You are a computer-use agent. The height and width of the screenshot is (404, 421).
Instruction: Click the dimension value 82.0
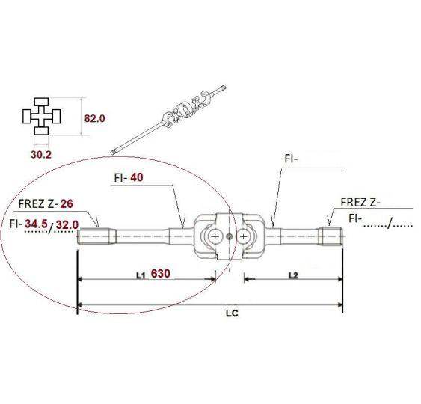pyautogui.click(x=94, y=118)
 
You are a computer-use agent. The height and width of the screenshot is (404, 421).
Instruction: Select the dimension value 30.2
pyautogui.click(x=41, y=155)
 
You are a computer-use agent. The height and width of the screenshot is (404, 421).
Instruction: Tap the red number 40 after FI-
pyautogui.click(x=137, y=177)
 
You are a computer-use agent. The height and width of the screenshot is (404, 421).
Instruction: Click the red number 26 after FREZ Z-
pyautogui.click(x=67, y=204)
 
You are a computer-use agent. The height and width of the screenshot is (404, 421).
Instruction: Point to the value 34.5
pyautogui.click(x=36, y=224)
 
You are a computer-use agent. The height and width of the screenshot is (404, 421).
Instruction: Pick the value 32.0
pyautogui.click(x=67, y=225)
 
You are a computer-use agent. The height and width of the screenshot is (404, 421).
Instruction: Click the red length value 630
pyautogui.click(x=160, y=274)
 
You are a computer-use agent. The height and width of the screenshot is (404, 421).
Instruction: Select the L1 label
pyautogui.click(x=141, y=275)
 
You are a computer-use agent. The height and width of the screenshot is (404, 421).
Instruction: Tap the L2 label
pyautogui.click(x=293, y=275)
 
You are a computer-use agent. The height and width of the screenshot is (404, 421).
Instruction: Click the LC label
pyautogui.click(x=232, y=313)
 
